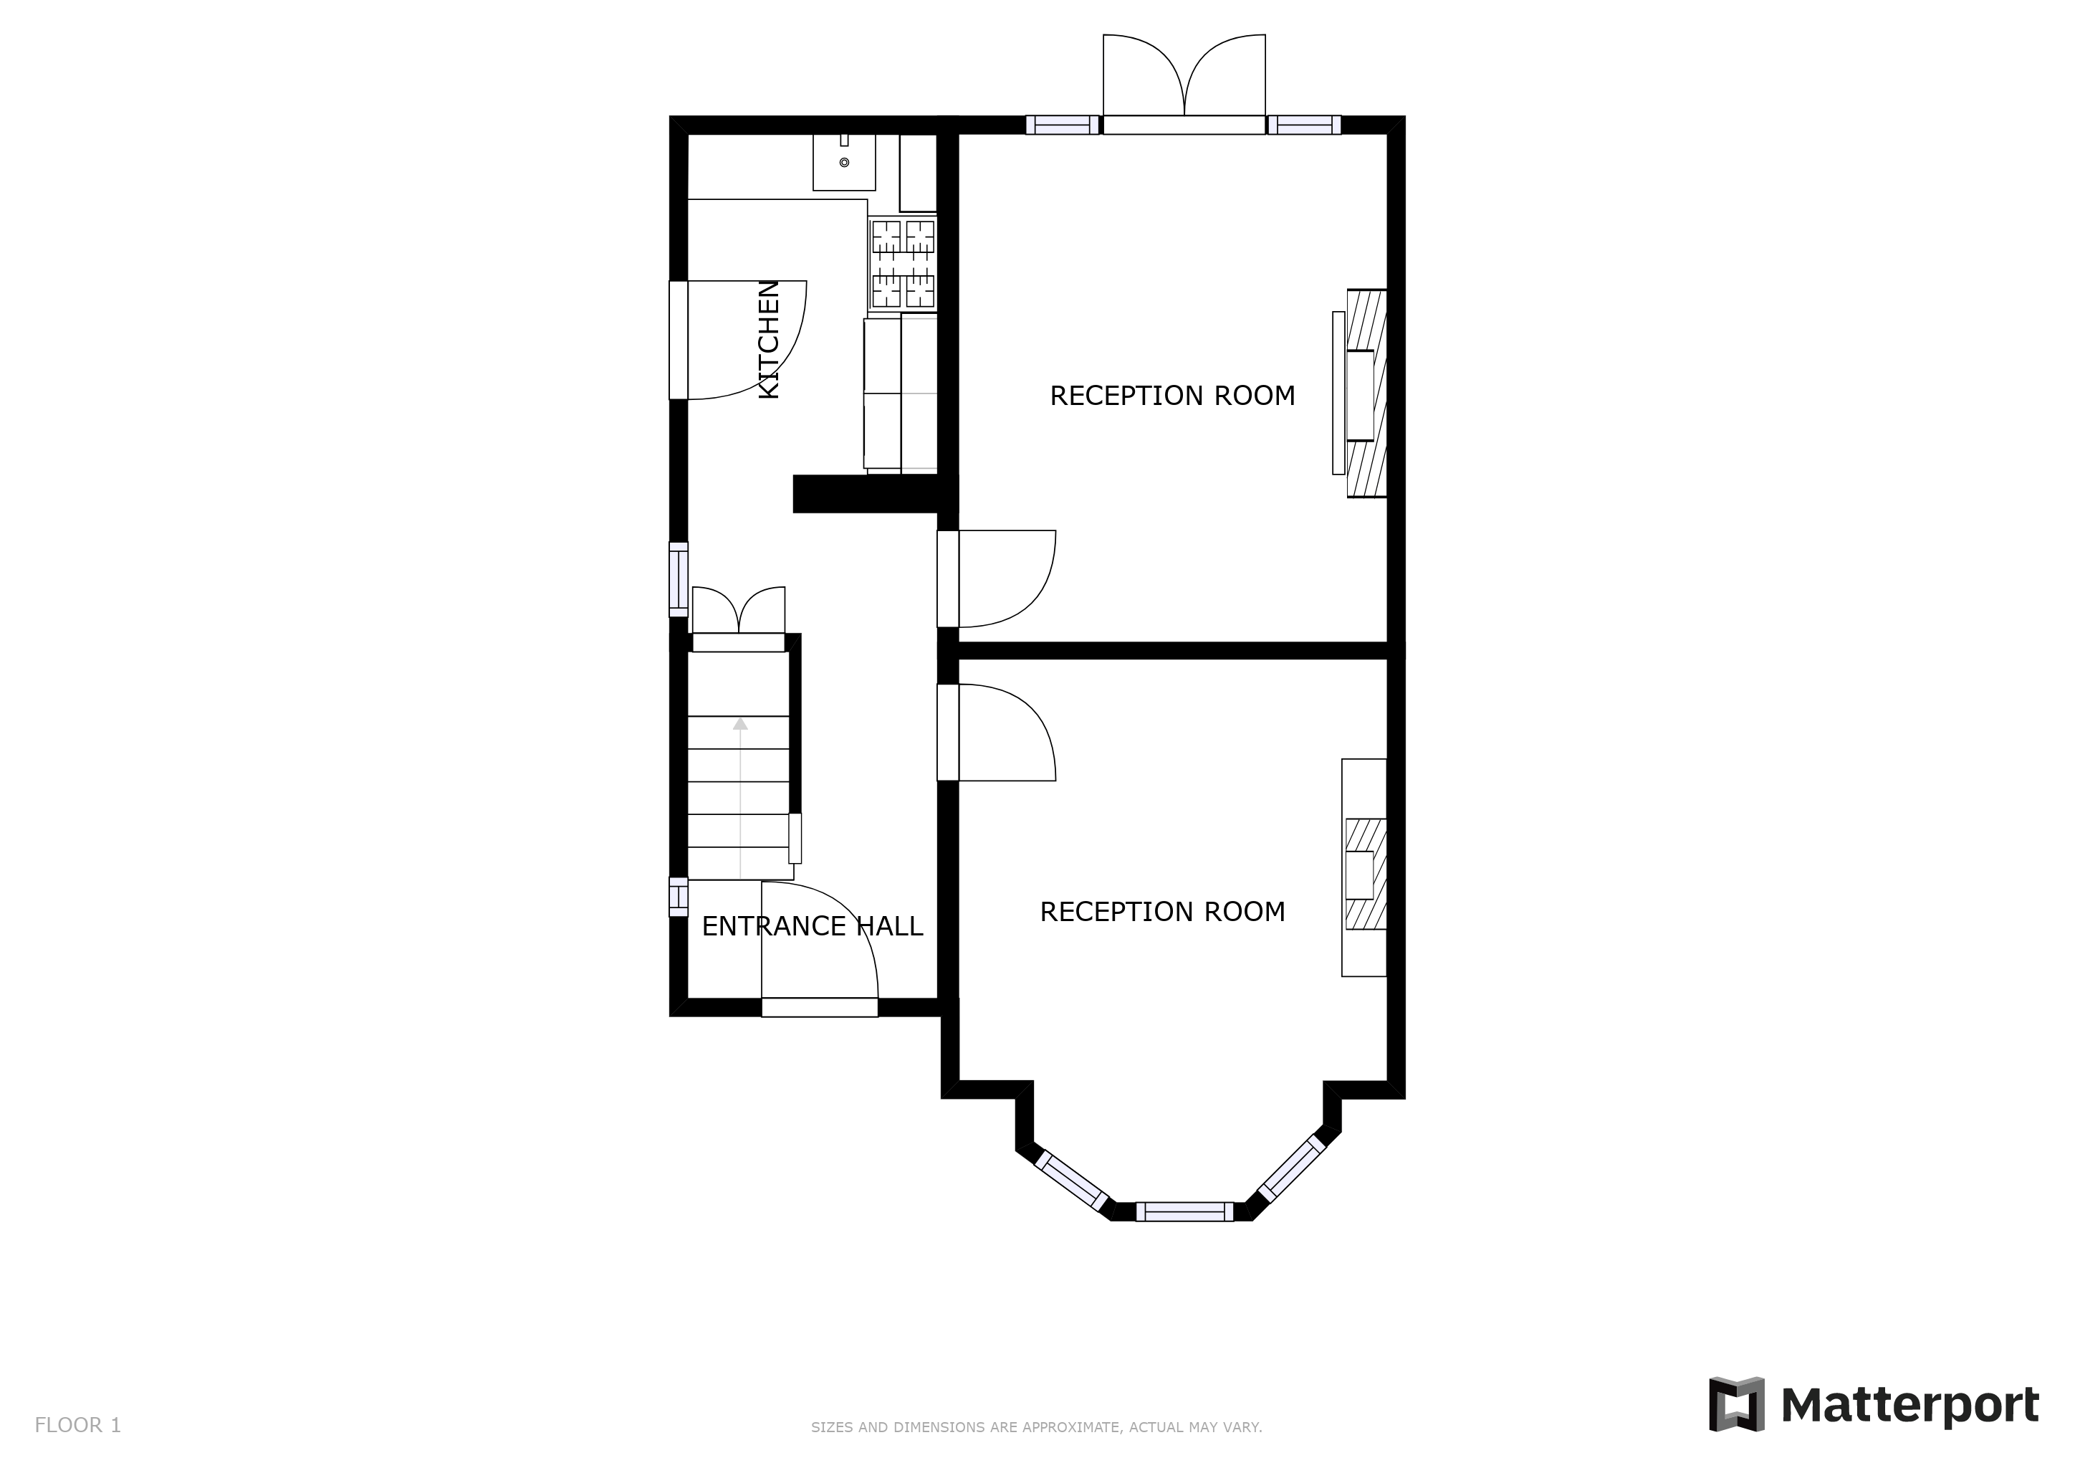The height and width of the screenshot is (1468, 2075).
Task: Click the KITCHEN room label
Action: pos(767,339)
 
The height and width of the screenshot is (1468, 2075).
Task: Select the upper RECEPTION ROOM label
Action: pos(1172,396)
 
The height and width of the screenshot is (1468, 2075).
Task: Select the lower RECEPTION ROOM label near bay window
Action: pos(1162,911)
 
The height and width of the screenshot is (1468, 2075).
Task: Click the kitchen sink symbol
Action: pos(844,163)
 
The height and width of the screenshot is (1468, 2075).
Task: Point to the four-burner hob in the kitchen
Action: pos(903,264)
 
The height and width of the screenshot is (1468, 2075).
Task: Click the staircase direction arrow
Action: pos(740,723)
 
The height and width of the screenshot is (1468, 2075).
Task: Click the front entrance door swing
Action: pos(818,945)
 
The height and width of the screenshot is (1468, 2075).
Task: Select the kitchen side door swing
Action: pos(741,339)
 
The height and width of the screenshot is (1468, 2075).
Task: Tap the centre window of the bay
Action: pos(1184,1211)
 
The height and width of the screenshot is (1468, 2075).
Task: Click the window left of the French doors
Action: pos(1063,125)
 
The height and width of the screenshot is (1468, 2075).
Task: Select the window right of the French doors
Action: pos(1303,125)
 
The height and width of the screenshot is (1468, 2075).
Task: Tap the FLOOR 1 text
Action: pos(77,1426)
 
